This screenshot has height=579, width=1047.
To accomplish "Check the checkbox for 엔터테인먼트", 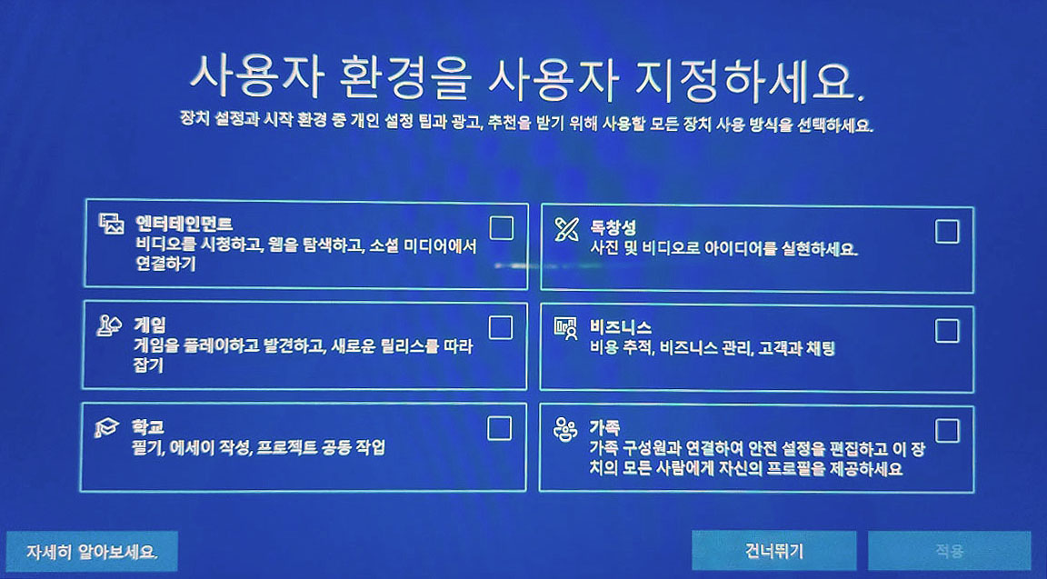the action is tap(502, 228).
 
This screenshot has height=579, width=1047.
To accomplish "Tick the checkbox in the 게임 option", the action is tap(501, 328).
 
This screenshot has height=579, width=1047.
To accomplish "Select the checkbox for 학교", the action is tap(500, 429).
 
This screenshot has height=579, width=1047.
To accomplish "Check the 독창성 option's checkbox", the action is tap(947, 232).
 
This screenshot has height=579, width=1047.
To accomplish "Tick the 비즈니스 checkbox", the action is tap(947, 331).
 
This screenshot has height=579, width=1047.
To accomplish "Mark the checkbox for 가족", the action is tap(947, 431).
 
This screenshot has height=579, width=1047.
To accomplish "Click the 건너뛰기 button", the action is tap(774, 551).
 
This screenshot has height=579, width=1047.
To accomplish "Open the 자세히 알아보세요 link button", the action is tap(92, 552).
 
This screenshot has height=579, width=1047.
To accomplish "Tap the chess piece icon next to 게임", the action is tap(109, 325).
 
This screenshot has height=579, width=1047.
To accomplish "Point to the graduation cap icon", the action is tap(107, 426).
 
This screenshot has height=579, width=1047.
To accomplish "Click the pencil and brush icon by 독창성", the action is tap(566, 229).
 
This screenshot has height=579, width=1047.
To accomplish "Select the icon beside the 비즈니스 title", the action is tap(565, 328).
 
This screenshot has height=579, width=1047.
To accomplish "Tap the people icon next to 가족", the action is tap(565, 429).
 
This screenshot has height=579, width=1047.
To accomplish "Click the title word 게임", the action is tap(150, 325).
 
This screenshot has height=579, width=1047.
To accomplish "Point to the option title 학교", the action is tap(148, 426).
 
